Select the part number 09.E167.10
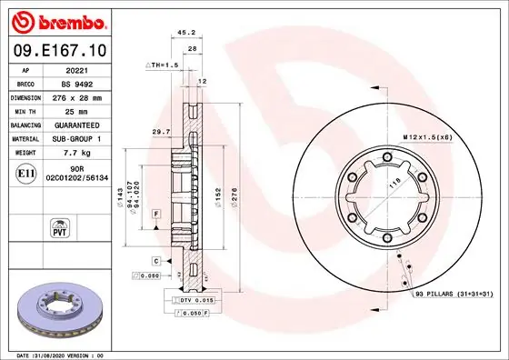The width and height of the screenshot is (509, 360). [x=60, y=51]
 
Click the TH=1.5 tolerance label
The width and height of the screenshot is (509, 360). [x=164, y=66]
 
